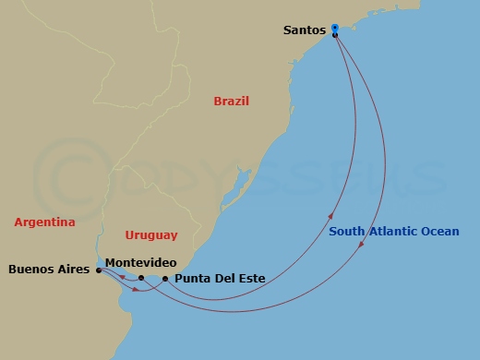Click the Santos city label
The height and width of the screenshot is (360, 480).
click(x=305, y=30)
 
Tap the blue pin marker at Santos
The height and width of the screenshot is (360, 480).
click(x=335, y=29)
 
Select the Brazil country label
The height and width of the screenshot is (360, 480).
click(x=232, y=101)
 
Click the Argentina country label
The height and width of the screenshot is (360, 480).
click(x=44, y=222)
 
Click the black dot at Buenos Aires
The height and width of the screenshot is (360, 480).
click(x=98, y=270)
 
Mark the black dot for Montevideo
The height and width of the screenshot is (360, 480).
click(x=140, y=277)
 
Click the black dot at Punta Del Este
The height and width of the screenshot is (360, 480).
click(x=164, y=278)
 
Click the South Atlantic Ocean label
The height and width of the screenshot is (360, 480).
click(x=391, y=232)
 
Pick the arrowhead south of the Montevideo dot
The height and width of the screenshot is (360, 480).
click(x=138, y=291)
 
